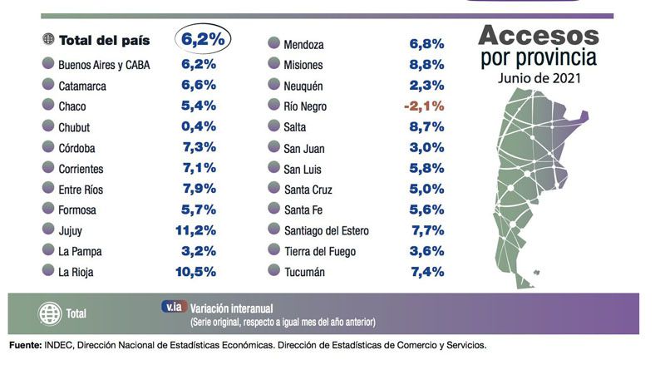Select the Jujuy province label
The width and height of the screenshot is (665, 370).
(x=72, y=230)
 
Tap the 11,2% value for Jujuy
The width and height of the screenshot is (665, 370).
(x=198, y=230)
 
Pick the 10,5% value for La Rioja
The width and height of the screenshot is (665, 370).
(x=198, y=271)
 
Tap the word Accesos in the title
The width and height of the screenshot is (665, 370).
(x=539, y=36)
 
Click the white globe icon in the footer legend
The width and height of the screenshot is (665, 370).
(x=51, y=314)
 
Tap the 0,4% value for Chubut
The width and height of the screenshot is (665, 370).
(x=199, y=126)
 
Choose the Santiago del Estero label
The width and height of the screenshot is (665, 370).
(x=326, y=230)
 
